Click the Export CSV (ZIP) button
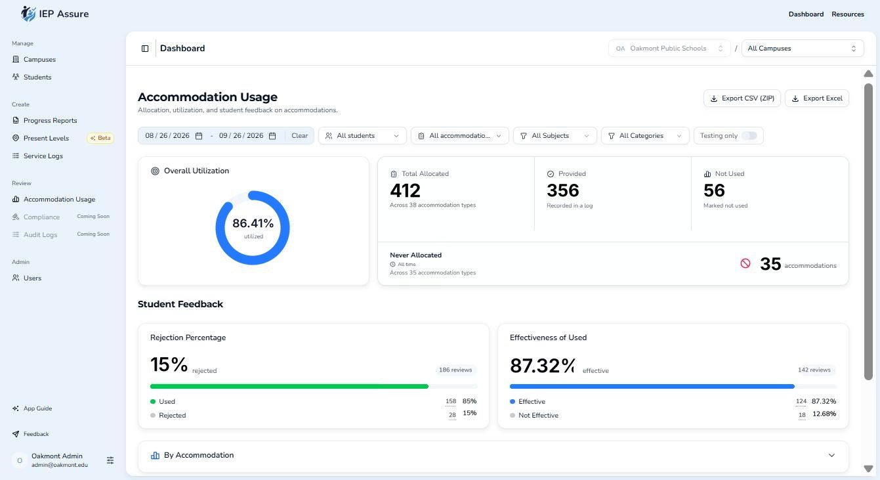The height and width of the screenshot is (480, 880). tap(742, 98)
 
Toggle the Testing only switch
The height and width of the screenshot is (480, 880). tap(749, 136)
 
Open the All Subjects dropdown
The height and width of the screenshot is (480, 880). tap(555, 136)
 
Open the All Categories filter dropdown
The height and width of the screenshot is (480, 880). tap(645, 136)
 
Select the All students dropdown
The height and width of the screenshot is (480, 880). tap(362, 136)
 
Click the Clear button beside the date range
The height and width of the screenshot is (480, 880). tap(299, 136)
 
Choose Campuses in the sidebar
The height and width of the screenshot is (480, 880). tap(39, 59)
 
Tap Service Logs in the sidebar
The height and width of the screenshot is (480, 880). tap(43, 156)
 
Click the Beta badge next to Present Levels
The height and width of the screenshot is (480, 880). tap(100, 138)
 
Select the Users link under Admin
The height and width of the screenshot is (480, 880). tap(32, 278)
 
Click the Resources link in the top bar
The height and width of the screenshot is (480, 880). tap(847, 14)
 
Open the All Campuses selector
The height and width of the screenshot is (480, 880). tap(802, 49)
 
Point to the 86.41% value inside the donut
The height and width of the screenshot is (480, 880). tap(253, 223)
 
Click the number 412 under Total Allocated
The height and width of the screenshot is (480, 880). tap(405, 190)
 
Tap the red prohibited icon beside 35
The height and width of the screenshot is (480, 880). tap(745, 263)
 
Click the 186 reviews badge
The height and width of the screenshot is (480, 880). tap(455, 370)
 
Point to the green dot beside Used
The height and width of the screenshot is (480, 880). tap(153, 401)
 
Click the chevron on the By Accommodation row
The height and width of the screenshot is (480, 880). tap(831, 455)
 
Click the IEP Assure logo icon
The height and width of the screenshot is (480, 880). tap(28, 14)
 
